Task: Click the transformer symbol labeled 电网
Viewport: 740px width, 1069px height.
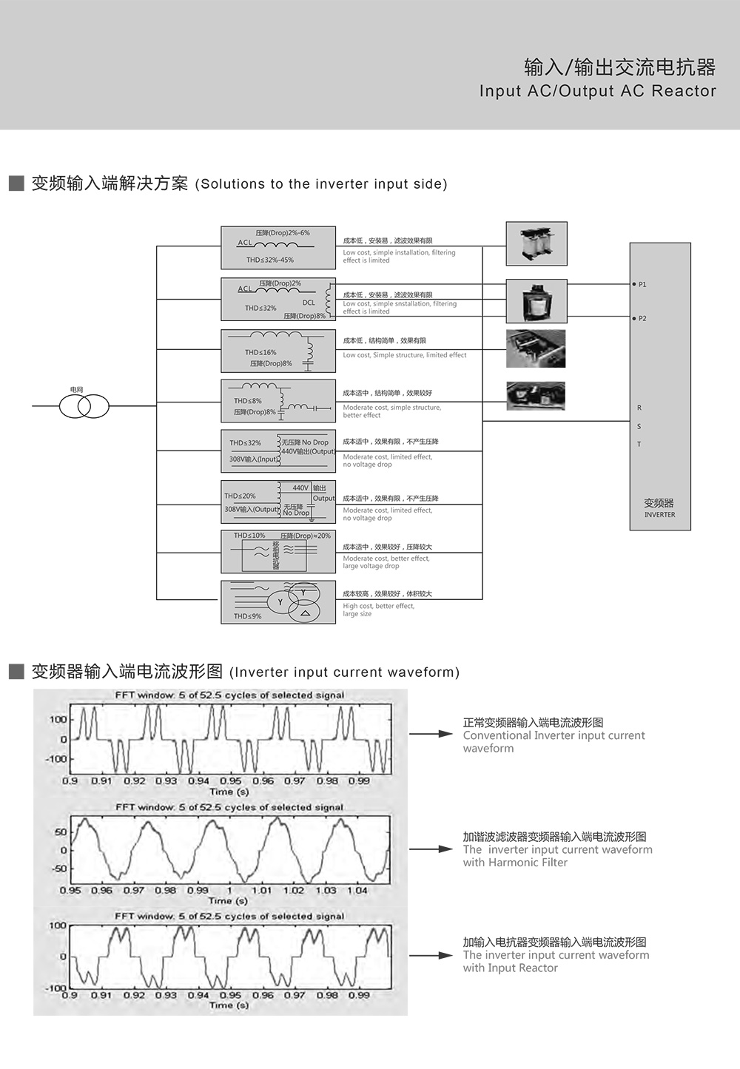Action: tap(84, 406)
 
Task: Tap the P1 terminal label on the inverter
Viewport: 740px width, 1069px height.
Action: tap(642, 284)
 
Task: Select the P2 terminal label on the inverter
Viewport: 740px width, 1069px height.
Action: tap(642, 318)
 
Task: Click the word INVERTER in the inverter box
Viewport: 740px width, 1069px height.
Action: tap(659, 515)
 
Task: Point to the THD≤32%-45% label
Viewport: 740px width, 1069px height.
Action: tap(270, 260)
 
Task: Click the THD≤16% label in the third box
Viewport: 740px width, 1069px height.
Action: tap(260, 352)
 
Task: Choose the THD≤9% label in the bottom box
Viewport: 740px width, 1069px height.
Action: tap(247, 616)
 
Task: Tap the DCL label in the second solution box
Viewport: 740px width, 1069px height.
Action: tap(309, 302)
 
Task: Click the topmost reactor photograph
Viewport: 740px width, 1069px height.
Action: tap(536, 243)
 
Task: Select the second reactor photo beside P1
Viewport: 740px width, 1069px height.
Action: tap(536, 301)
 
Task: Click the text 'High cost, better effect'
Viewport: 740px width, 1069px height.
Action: tap(378, 606)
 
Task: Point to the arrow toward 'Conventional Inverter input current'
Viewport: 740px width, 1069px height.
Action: tap(431, 734)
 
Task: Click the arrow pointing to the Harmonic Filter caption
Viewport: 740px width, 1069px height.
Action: tap(431, 849)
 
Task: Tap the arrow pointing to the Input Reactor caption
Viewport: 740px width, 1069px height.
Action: tap(431, 956)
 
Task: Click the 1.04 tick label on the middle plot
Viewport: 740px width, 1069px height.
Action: tap(357, 890)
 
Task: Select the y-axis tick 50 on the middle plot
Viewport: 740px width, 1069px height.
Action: tap(61, 832)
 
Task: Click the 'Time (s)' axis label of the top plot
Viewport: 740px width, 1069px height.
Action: tap(229, 791)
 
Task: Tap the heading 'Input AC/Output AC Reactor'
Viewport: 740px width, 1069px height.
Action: tap(597, 91)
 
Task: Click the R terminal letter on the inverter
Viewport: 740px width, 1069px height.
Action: tap(639, 408)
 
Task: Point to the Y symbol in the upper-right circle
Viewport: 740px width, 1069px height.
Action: tap(303, 593)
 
